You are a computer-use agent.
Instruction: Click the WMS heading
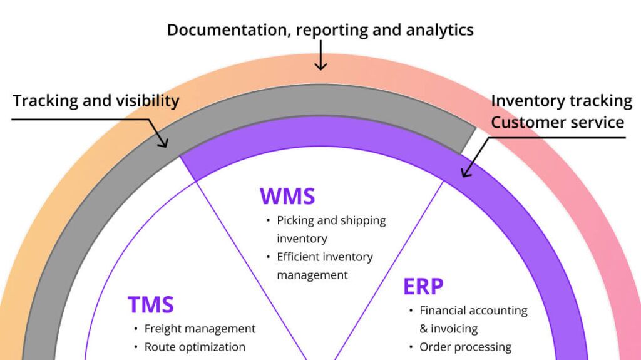coord(287,196)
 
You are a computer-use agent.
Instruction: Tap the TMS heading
coord(150,304)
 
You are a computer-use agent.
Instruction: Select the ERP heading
coord(423,286)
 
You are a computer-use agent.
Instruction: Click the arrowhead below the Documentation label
coord(320,65)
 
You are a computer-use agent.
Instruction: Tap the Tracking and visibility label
coord(96,101)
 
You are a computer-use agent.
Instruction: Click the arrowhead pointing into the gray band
coord(164,144)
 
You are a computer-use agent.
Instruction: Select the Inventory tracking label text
coord(561,101)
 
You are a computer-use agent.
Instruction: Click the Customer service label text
coord(557,121)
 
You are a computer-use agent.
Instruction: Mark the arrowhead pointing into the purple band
coord(464,173)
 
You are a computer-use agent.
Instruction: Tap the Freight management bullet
coord(200,329)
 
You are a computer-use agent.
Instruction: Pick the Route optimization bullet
coord(195,347)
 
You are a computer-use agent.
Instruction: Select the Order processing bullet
coord(465,347)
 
